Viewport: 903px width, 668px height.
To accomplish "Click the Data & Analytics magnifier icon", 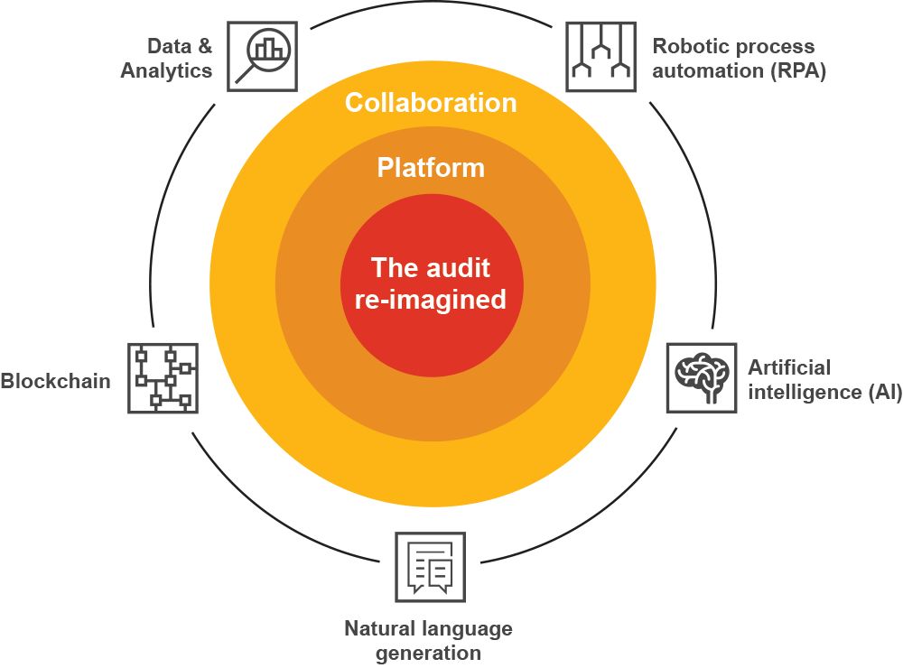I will pyautogui.click(x=260, y=56).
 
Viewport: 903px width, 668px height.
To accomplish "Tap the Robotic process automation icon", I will pyautogui.click(x=600, y=56).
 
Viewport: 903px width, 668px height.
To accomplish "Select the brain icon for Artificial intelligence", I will pyautogui.click(x=701, y=377).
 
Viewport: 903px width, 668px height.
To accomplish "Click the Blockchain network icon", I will pyautogui.click(x=163, y=377).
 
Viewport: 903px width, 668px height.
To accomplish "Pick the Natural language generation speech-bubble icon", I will pyautogui.click(x=430, y=567).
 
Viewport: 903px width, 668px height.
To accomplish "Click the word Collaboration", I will pyautogui.click(x=431, y=103).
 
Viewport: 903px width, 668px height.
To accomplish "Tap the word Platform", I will pyautogui.click(x=431, y=168).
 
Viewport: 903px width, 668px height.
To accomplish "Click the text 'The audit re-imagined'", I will pyautogui.click(x=431, y=283).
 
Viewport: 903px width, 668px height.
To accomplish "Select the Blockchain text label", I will pyautogui.click(x=55, y=380).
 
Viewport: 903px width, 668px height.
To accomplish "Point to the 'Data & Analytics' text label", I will pyautogui.click(x=167, y=58).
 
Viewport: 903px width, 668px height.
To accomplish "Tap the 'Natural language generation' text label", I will pyautogui.click(x=428, y=640).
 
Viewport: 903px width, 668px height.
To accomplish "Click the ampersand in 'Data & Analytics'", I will pyautogui.click(x=204, y=45).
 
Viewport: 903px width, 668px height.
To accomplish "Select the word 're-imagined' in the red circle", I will pyautogui.click(x=431, y=300).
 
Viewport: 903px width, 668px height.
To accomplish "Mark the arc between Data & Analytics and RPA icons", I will pyautogui.click(x=430, y=13).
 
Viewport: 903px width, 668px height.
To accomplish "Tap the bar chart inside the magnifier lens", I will pyautogui.click(x=267, y=49).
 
